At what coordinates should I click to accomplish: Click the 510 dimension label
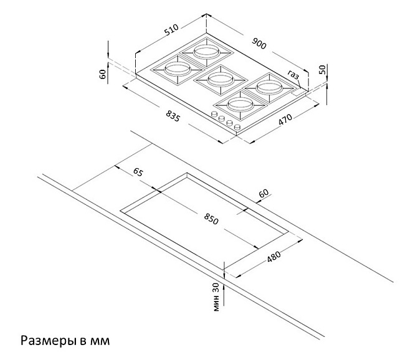171,29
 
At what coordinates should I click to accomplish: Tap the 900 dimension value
259,43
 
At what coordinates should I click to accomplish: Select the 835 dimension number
173,116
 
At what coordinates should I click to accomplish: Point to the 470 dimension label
285,120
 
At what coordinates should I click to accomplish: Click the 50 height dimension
322,70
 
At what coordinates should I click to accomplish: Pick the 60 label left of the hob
103,74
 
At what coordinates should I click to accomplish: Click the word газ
293,74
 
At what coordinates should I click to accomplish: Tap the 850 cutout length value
211,219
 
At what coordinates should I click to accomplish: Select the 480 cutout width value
274,257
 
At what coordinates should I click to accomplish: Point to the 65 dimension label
138,172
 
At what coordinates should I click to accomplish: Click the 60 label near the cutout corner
263,193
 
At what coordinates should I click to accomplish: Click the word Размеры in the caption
47,341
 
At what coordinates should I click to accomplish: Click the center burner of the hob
220,80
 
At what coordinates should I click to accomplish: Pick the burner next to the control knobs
239,104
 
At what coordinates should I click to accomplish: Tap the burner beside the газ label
269,88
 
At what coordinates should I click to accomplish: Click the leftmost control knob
215,114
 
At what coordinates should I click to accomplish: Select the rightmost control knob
237,127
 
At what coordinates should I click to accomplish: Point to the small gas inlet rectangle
299,92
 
